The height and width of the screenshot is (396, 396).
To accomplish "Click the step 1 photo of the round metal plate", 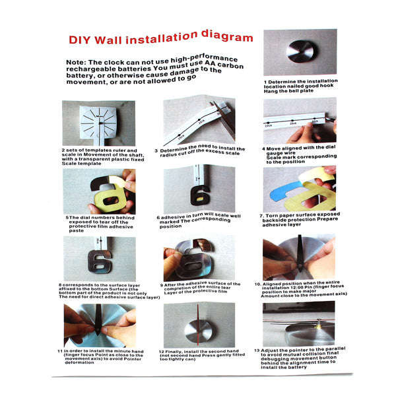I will coord(300,53).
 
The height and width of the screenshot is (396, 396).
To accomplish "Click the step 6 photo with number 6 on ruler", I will coord(199,187).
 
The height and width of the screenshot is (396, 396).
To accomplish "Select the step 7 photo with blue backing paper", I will coord(299,188).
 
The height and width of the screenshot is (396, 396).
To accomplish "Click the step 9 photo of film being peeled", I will coord(199,257).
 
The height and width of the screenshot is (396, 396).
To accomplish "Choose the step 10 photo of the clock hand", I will coord(299,257).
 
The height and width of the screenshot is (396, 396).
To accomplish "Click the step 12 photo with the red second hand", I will coord(199,324).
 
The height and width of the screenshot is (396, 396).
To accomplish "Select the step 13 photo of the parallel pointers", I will coord(299,324).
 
